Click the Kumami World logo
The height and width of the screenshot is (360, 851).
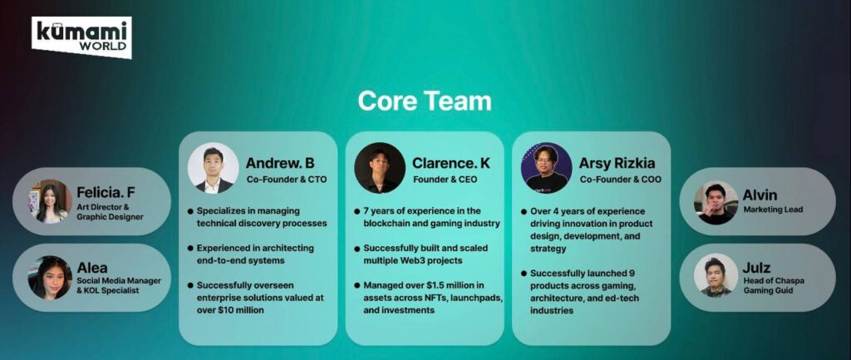[81, 37]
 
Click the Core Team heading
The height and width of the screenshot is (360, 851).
[425, 101]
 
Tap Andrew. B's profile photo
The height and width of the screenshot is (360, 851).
[214, 168]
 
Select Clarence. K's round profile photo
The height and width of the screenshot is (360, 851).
[380, 168]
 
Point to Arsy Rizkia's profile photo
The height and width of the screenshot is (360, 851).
[547, 168]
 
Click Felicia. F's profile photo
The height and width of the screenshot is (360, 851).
[50, 201]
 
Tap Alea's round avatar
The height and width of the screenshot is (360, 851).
[50, 278]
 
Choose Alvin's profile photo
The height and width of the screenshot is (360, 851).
[716, 203]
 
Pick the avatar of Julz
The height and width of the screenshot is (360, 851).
[716, 275]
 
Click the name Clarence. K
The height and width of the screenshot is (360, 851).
[451, 163]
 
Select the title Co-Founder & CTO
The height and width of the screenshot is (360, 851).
[287, 180]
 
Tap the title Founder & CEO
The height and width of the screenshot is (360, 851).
[445, 180]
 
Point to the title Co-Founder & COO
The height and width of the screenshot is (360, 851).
[620, 180]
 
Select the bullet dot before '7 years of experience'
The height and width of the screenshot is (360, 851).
[357, 210]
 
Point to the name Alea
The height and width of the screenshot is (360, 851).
[91, 268]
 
